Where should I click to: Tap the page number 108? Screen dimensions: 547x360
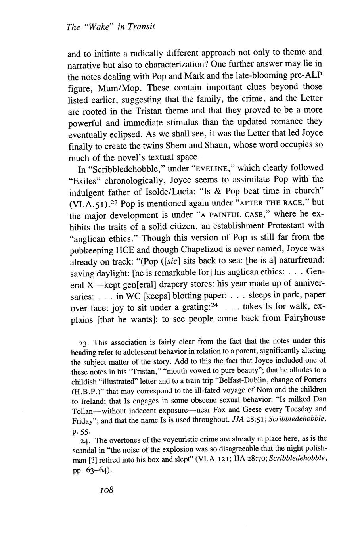pyautogui.click(x=107, y=490)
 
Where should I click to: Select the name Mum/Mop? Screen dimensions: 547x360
pyautogui.click(x=114, y=87)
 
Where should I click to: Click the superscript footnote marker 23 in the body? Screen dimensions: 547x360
pyautogui.click(x=113, y=201)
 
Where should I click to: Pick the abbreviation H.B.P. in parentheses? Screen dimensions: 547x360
pyautogui.click(x=84, y=390)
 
